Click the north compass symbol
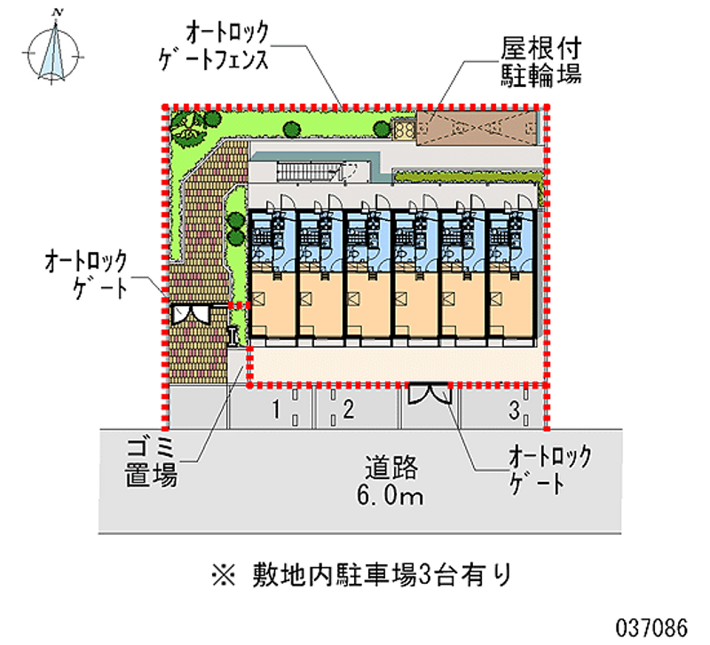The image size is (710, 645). coord(54,51)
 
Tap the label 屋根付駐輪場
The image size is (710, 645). coord(540,62)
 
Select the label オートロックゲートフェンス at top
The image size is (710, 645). coord(214,46)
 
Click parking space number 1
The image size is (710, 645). coord(276,410)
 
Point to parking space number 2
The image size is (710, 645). coord(348,409)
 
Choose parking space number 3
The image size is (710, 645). coord(514,411)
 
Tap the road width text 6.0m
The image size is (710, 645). coord(390,495)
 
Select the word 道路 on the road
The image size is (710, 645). coord(391,468)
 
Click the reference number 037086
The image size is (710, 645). coord(651,628)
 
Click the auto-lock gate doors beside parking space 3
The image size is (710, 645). coord(430,393)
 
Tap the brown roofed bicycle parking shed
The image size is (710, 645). coord(477,128)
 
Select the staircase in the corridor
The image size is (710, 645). coord(308,171)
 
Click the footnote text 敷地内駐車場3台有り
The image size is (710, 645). coord(383,575)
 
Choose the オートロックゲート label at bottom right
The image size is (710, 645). coord(549,469)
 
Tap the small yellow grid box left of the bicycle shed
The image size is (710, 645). coord(404,130)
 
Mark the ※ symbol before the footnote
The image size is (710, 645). coord(224,575)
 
